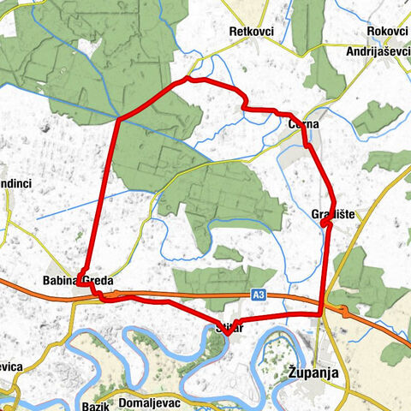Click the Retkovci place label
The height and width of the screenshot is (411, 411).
[x=251, y=32]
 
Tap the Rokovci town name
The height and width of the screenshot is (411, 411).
[x=386, y=31]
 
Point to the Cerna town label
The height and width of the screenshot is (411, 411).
[x=303, y=124]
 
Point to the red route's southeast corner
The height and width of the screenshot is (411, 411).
[x=321, y=313]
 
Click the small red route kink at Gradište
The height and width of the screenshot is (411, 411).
[x=325, y=223]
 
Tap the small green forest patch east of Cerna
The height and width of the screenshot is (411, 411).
[x=378, y=117]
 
